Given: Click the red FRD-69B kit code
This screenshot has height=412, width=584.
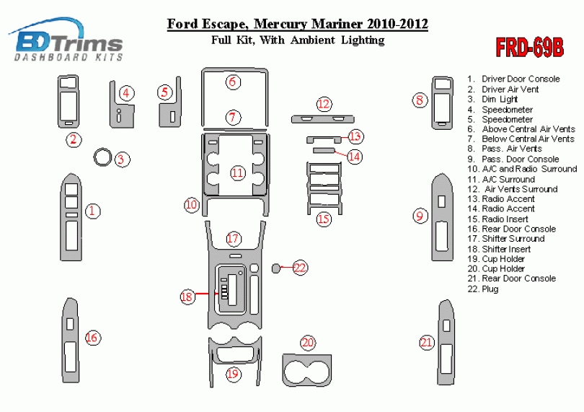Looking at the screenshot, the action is pos(530,48).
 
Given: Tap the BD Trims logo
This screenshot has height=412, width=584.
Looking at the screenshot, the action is pos(66,40).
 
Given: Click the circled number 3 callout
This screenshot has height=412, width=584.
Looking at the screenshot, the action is pos(121,159).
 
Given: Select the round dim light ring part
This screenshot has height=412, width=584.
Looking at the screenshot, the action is pos(102,158).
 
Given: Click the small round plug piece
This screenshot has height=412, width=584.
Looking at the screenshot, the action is pos(276,268).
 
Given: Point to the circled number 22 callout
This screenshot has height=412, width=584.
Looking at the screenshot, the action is pos(300,268).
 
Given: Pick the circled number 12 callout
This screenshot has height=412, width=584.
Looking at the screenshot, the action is pos(324,104).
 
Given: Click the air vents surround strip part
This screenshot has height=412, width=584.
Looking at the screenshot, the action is pos(322,119).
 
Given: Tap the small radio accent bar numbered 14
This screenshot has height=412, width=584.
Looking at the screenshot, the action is pos(324,150).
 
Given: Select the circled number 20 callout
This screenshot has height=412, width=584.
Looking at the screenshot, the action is pos(308,343).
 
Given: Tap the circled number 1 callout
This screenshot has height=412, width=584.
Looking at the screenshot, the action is pos(93,211).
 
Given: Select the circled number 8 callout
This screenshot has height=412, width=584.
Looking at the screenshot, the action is pos(420,100).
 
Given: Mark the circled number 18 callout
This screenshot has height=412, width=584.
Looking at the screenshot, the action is pos(187,297).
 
